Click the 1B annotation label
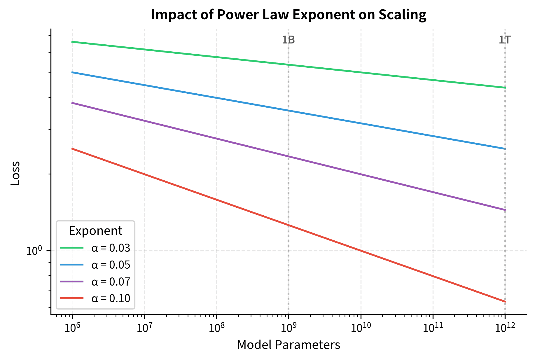pyautogui.click(x=288, y=40)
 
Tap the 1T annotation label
pyautogui.click(x=504, y=40)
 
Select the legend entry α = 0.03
pyautogui.click(x=111, y=248)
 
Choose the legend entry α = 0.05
pyautogui.click(x=111, y=265)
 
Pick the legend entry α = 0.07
pyautogui.click(x=111, y=282)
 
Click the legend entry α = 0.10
pyautogui.click(x=111, y=298)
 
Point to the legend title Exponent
pyautogui.click(x=95, y=231)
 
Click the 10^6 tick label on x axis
pyautogui.click(x=72, y=328)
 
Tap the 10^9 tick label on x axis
pyautogui.click(x=289, y=328)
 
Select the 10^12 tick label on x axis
pyautogui.click(x=505, y=328)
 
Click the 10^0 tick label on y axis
pyautogui.click(x=34, y=251)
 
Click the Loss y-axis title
pyautogui.click(x=15, y=173)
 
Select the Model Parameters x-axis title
pyautogui.click(x=289, y=345)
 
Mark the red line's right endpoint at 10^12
pyautogui.click(x=505, y=302)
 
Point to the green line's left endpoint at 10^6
pyautogui.click(x=72, y=42)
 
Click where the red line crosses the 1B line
pyautogui.click(x=289, y=225)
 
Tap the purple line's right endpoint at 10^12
pyautogui.click(x=505, y=210)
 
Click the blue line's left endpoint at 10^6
pyautogui.click(x=72, y=72)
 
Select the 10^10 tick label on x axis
pyautogui.click(x=361, y=328)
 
